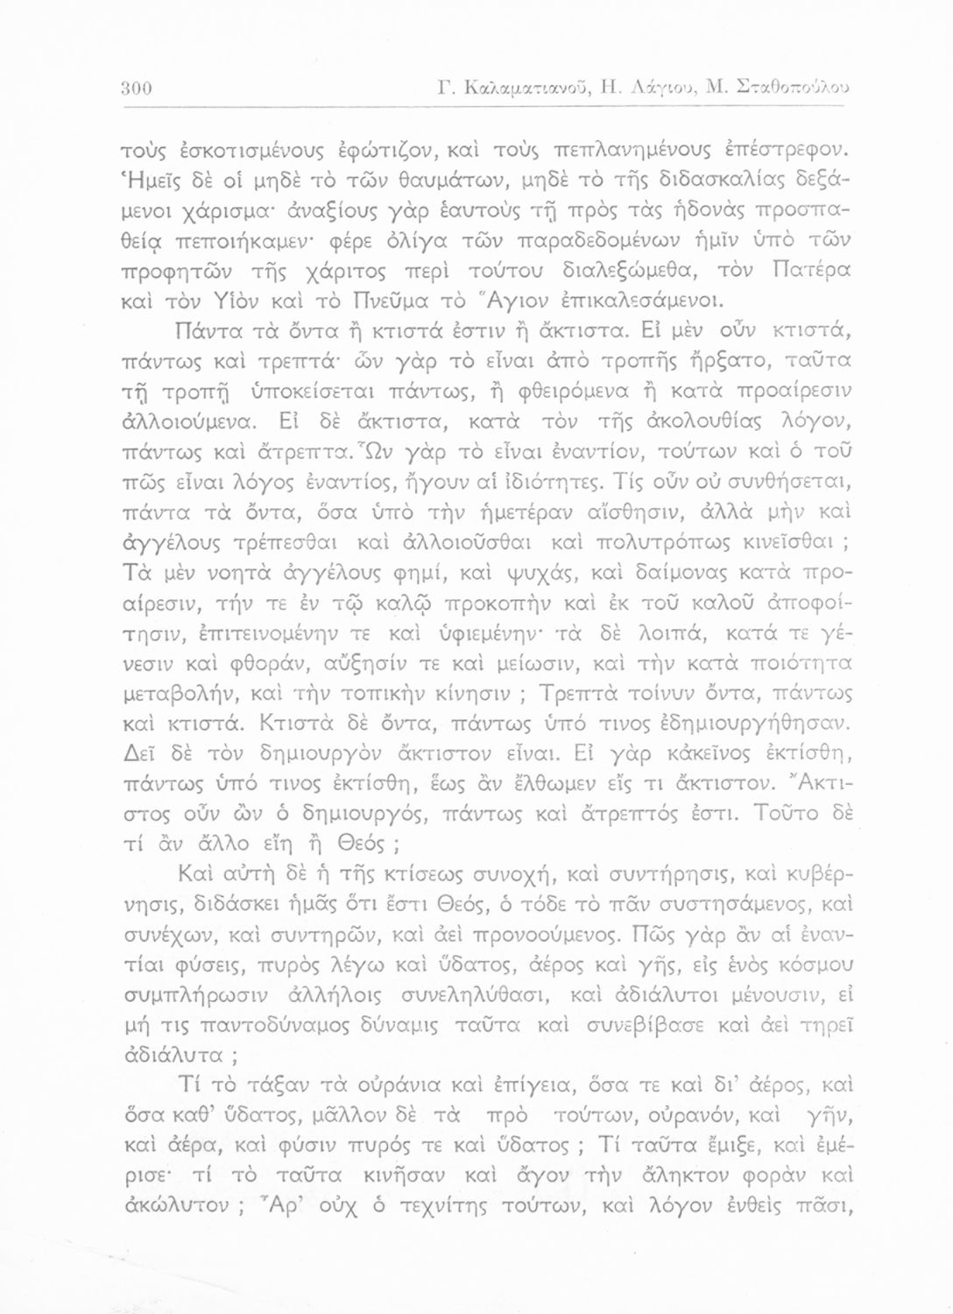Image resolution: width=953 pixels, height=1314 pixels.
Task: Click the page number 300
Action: click(138, 88)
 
